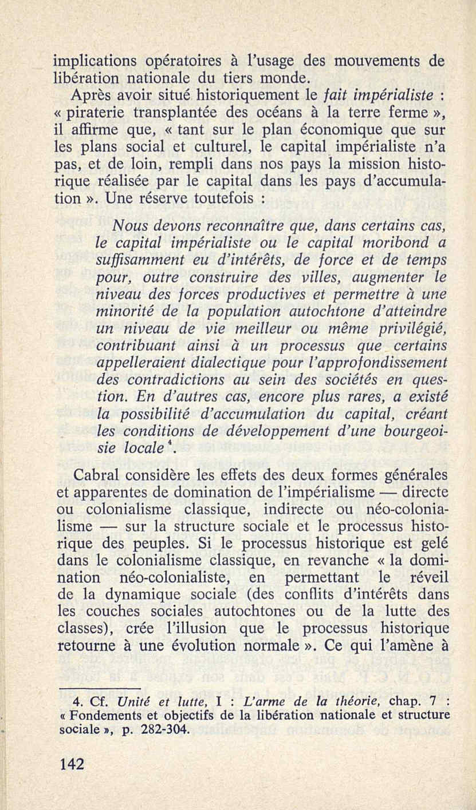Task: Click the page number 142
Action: pos(72,764)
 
